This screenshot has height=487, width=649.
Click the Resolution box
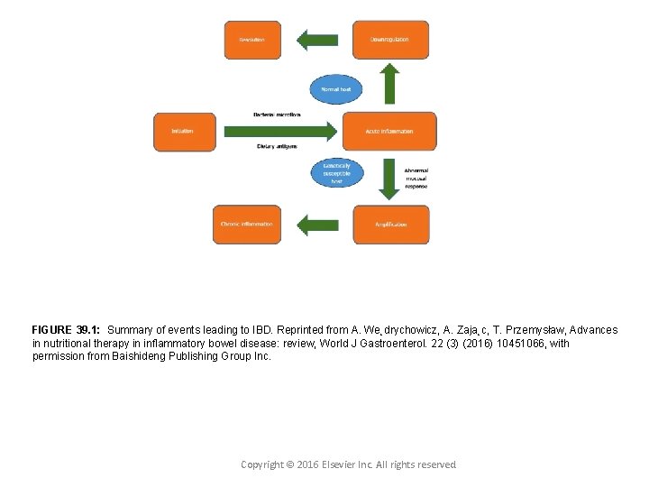click(252, 40)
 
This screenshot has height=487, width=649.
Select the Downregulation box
click(389, 40)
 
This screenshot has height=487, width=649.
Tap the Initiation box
click(184, 132)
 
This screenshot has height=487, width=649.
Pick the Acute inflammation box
click(389, 132)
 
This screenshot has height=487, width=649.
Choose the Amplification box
click(389, 225)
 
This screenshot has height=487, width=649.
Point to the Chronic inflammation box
click(246, 225)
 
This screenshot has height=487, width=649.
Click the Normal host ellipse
click(336, 88)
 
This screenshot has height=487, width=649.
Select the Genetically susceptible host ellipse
click(336, 173)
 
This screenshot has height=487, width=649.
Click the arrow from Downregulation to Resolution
click(317, 40)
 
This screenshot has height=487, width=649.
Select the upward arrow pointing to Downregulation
click(389, 84)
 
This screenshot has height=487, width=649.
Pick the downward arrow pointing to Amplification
click(389, 179)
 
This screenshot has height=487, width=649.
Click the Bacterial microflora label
click(277, 115)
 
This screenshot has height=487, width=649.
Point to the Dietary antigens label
click(277, 146)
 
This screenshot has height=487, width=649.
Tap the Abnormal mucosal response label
click(416, 179)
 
